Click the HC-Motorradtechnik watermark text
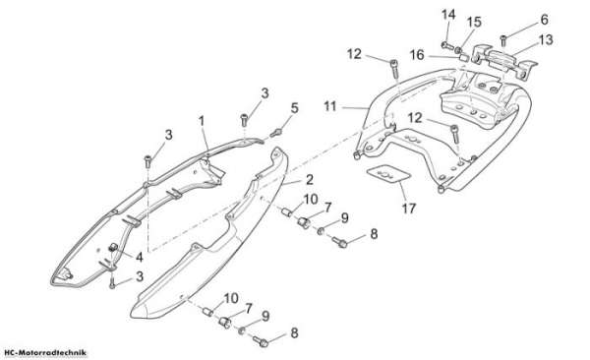point(43,353)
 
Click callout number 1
point(202,121)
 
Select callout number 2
point(310,180)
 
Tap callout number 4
point(140,257)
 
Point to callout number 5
point(294,108)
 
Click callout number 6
point(544,20)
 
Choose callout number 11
point(330,106)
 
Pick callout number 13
point(546,39)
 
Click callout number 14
point(448,15)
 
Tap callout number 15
point(474,22)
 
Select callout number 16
point(417,55)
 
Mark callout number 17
point(409,208)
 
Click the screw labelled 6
point(503,40)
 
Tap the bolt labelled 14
point(446,45)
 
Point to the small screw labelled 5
point(276,132)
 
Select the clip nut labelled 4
point(112,248)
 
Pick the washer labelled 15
point(458,50)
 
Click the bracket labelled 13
point(503,60)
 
